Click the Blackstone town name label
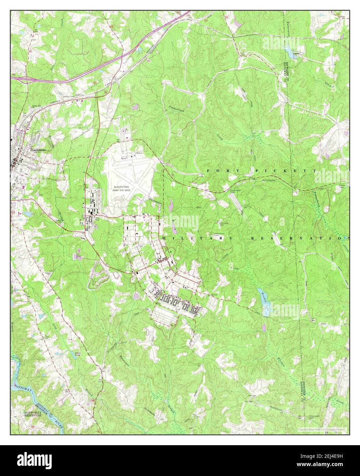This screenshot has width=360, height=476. tap(37, 150)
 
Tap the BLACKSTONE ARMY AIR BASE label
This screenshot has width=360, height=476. tap(124, 188)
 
